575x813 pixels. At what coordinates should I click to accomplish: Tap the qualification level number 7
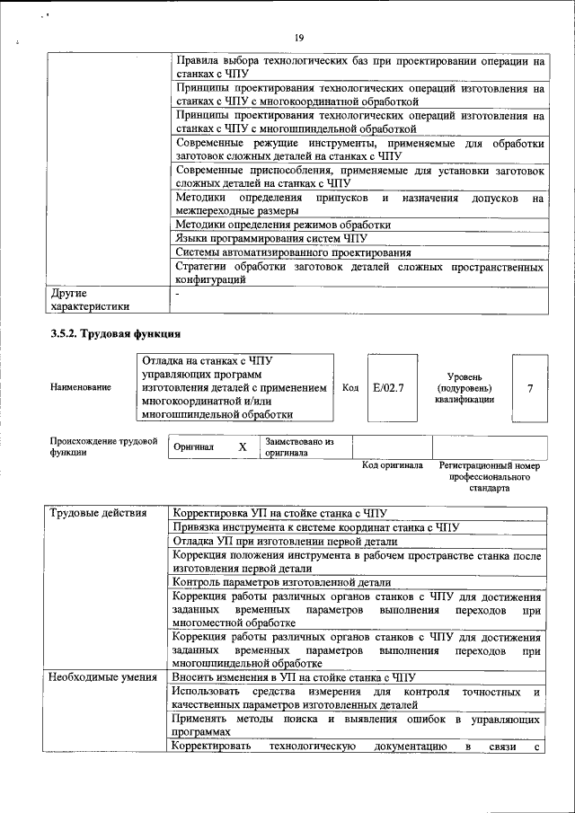(x=530, y=388)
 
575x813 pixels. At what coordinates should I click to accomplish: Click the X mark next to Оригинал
(x=242, y=447)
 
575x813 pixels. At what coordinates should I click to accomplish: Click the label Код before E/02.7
(x=350, y=388)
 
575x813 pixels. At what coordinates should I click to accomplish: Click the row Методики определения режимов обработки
(x=282, y=224)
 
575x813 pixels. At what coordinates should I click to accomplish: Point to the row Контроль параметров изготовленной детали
(x=282, y=581)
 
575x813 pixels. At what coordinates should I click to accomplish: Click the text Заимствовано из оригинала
(x=299, y=447)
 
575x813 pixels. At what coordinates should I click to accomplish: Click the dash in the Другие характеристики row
(x=178, y=294)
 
